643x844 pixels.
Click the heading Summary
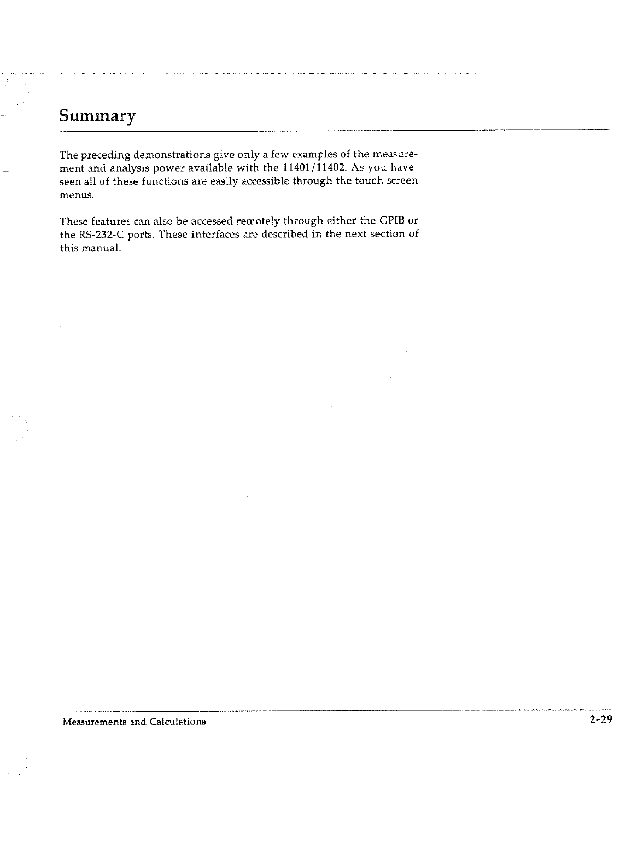pos(97,117)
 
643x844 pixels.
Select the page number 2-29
pos(599,720)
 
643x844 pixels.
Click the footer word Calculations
pos(177,722)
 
